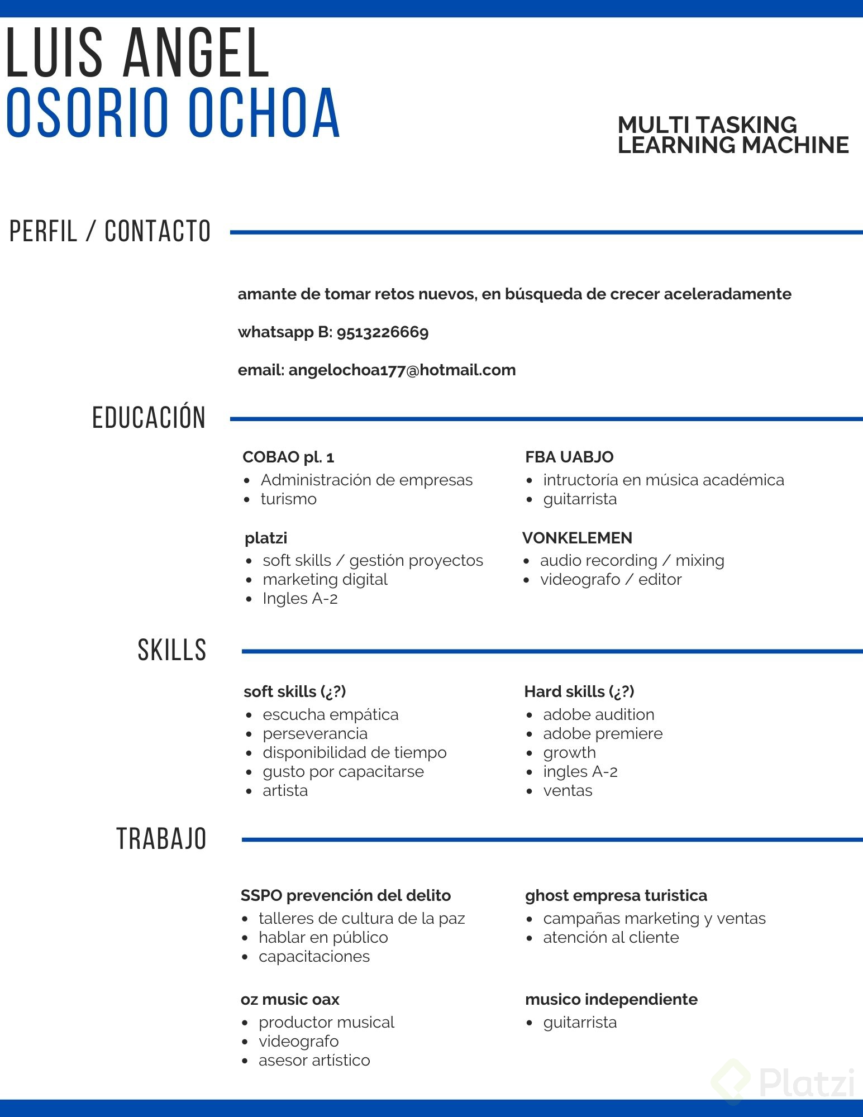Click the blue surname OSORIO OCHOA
point(173,113)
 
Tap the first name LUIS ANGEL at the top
point(137,53)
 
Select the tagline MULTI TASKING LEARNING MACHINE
point(732,135)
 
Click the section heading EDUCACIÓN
point(149,418)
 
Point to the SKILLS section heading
point(171,650)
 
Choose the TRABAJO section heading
point(161,839)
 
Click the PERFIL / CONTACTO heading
point(110,231)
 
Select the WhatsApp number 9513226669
point(382,332)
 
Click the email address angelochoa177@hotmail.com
point(402,370)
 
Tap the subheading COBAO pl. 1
point(288,457)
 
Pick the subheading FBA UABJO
point(569,457)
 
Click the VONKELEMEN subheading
point(577,538)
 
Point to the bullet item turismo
point(288,499)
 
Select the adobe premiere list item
point(602,733)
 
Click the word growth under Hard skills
point(569,753)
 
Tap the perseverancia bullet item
point(315,733)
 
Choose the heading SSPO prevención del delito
point(345,895)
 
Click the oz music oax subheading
point(290,999)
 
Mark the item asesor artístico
point(314,1060)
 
